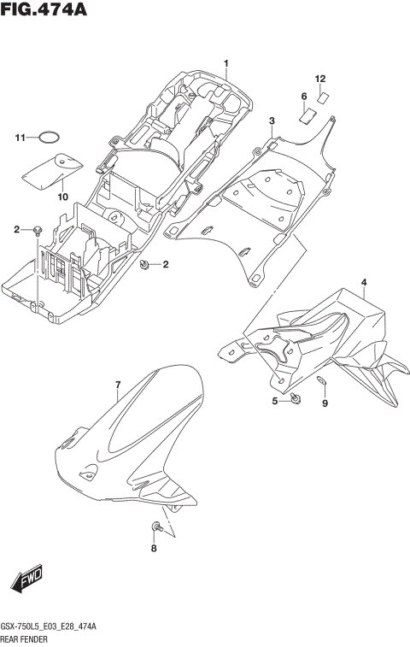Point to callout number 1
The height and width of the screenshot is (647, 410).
[227, 64]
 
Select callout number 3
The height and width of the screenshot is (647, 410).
[272, 121]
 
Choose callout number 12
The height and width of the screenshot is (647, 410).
[320, 79]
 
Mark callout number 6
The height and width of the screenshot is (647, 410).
[303, 96]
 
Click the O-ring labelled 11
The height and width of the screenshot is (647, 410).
[51, 138]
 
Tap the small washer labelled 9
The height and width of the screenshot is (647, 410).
[321, 381]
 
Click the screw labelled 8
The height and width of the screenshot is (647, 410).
[156, 524]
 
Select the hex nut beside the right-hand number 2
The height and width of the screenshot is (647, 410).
[145, 265]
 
